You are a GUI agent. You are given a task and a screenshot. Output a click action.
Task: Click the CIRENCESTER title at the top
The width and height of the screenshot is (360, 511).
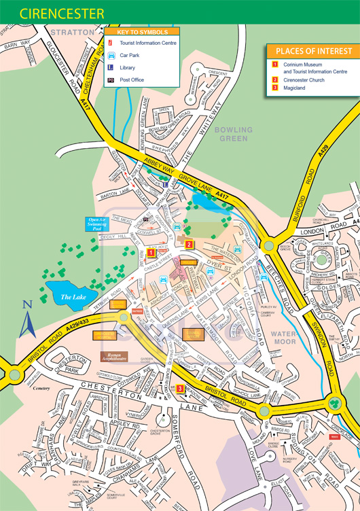tap(53, 14)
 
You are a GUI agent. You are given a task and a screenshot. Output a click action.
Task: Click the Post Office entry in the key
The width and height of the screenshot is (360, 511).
tap(133, 80)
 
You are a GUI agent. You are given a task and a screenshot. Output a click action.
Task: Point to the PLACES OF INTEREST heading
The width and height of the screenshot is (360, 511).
tap(313, 51)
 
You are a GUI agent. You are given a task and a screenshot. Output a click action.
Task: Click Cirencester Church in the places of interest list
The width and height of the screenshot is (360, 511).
tap(304, 80)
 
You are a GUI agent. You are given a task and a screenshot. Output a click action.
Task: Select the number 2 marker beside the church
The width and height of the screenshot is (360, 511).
tap(190, 245)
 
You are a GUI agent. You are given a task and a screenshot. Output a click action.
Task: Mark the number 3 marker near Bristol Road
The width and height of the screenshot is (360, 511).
tap(179, 389)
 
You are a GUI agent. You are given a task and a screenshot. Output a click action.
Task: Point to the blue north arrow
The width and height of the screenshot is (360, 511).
tap(27, 322)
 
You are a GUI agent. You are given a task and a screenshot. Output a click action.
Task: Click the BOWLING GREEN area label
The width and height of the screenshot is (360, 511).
tap(233, 133)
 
